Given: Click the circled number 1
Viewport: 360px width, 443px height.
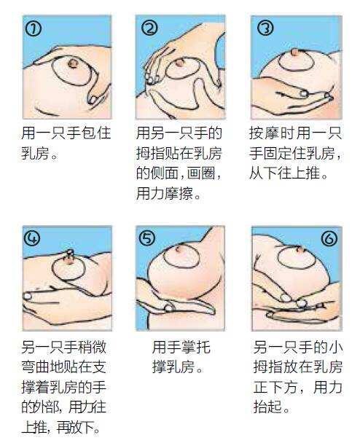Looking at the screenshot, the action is pyautogui.click(x=33, y=29).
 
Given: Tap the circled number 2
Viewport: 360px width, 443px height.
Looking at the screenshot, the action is pyautogui.click(x=149, y=28).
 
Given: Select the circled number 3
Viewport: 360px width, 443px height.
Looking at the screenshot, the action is pyautogui.click(x=265, y=28).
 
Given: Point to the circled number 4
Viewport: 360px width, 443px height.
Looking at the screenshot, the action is pyautogui.click(x=32, y=238).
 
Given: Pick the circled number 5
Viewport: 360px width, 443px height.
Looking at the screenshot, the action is pyautogui.click(x=147, y=238).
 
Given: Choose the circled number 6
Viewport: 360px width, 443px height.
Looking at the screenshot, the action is pyautogui.click(x=329, y=239).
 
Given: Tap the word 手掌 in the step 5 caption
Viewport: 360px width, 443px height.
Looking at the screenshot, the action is pyautogui.click(x=181, y=348).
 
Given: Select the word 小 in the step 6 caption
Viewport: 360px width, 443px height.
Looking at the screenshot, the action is pyautogui.click(x=335, y=348).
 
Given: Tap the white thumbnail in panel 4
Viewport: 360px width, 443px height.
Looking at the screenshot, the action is pyautogui.click(x=27, y=297).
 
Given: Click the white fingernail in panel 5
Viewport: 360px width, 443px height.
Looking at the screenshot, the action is pyautogui.click(x=169, y=308).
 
